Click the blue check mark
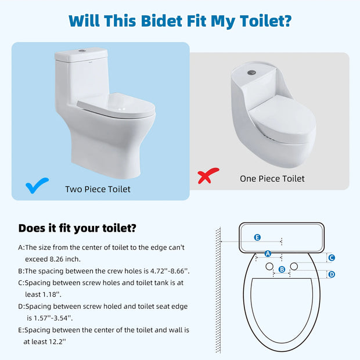37,186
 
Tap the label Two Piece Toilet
98,189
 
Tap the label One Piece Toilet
272,178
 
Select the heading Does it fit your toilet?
77,228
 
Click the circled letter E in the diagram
258,237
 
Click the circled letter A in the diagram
268,254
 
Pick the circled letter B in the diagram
282,269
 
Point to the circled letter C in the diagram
332,258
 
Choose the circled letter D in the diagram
332,274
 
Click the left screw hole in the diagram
269,266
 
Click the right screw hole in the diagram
294,266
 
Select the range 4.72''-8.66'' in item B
165,271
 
